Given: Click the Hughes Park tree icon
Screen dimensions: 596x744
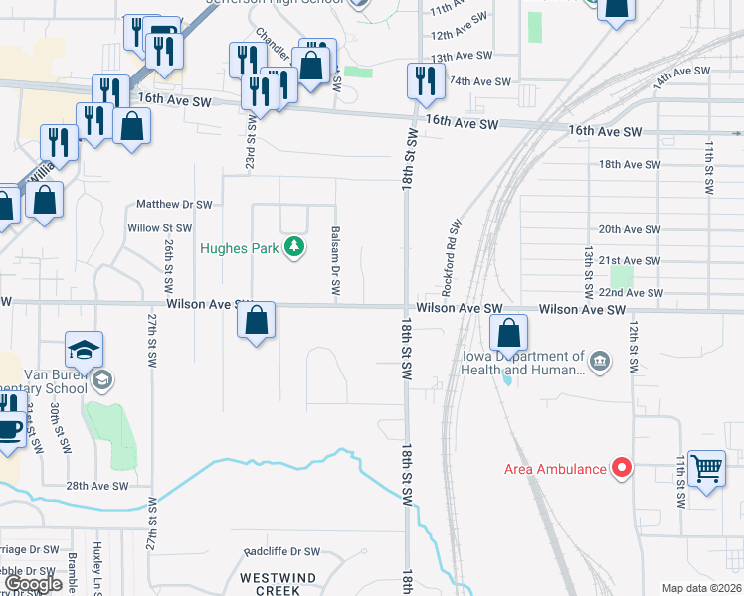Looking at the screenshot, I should coord(293,247).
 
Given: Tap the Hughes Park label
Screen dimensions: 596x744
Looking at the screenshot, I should coord(240,248).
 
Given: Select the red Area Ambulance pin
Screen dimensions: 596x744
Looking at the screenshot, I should coord(622,466).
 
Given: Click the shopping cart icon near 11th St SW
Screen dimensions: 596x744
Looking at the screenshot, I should coord(706,465).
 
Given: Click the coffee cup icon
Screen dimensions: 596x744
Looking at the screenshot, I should coord(10,429).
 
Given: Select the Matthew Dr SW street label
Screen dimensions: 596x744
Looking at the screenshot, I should coord(175,204).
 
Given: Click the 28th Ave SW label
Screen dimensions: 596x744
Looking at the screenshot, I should coord(97,486).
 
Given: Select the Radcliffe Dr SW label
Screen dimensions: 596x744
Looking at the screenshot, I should coord(282,551).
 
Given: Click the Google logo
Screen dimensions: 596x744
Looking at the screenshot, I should coord(33,584).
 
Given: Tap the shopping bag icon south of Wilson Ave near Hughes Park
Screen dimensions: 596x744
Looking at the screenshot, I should coord(257,320).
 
